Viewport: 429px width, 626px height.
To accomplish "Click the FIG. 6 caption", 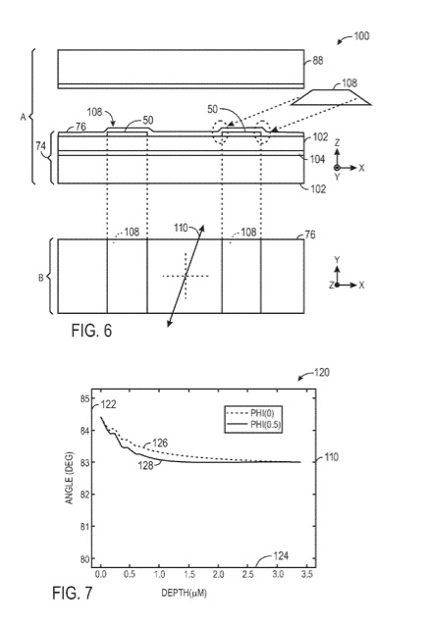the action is click(x=91, y=331).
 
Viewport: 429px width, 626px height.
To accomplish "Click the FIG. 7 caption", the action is click(x=72, y=593).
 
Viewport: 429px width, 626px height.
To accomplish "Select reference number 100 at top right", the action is click(x=361, y=36).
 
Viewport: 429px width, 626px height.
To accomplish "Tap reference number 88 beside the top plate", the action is click(x=317, y=61).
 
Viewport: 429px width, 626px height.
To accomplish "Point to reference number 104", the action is click(x=317, y=159).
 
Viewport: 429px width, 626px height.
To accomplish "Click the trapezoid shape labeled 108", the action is click(x=331, y=97).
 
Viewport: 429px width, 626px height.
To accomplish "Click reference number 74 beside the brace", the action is click(x=41, y=146).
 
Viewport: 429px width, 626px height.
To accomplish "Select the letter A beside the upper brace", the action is click(x=24, y=117).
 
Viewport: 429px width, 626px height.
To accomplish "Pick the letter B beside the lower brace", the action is click(x=41, y=278).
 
